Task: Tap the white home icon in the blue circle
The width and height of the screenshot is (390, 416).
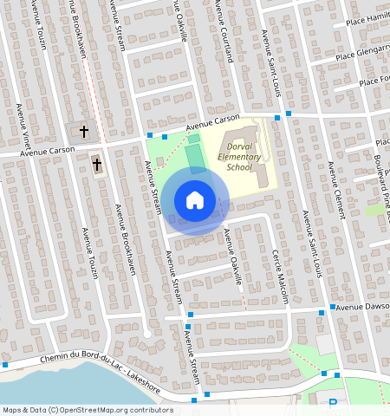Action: coord(195,199)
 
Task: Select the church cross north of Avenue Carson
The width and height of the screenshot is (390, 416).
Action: coord(83,132)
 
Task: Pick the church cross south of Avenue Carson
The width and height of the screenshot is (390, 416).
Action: coord(97,163)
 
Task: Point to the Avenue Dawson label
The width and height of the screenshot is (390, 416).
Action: coord(362,307)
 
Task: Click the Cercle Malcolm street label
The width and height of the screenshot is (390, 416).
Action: coord(280,275)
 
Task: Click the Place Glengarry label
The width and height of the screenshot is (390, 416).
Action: coord(362,51)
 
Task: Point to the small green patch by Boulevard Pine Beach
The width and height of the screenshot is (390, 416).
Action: coord(374,211)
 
